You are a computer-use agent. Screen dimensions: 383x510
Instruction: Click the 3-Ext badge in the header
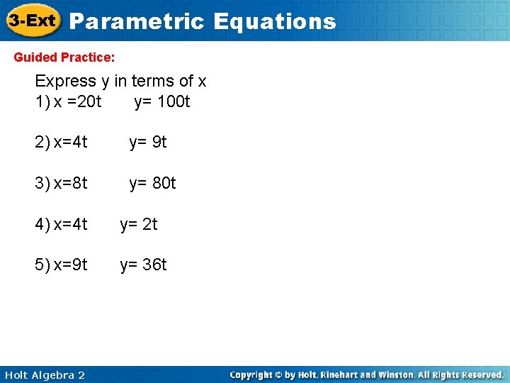tap(32, 21)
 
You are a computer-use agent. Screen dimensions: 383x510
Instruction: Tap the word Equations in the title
tap(274, 21)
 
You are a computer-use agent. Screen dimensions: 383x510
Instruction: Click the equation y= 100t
tap(162, 101)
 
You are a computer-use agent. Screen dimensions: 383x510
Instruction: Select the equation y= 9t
tap(147, 142)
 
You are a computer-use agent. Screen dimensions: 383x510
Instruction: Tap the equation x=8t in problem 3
tap(71, 183)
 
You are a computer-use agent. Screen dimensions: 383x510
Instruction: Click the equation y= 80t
tap(152, 183)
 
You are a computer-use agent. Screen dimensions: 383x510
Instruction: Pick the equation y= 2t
tap(139, 224)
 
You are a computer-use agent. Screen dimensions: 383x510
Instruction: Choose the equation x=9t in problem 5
tap(71, 265)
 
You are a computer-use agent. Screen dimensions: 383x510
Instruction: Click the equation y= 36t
tap(143, 265)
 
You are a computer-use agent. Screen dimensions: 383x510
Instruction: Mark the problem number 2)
tap(42, 142)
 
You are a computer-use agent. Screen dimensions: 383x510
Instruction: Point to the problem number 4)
tap(42, 224)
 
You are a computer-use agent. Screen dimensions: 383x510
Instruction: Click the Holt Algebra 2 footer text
tap(44, 374)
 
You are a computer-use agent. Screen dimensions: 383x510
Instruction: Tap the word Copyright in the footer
tap(252, 374)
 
